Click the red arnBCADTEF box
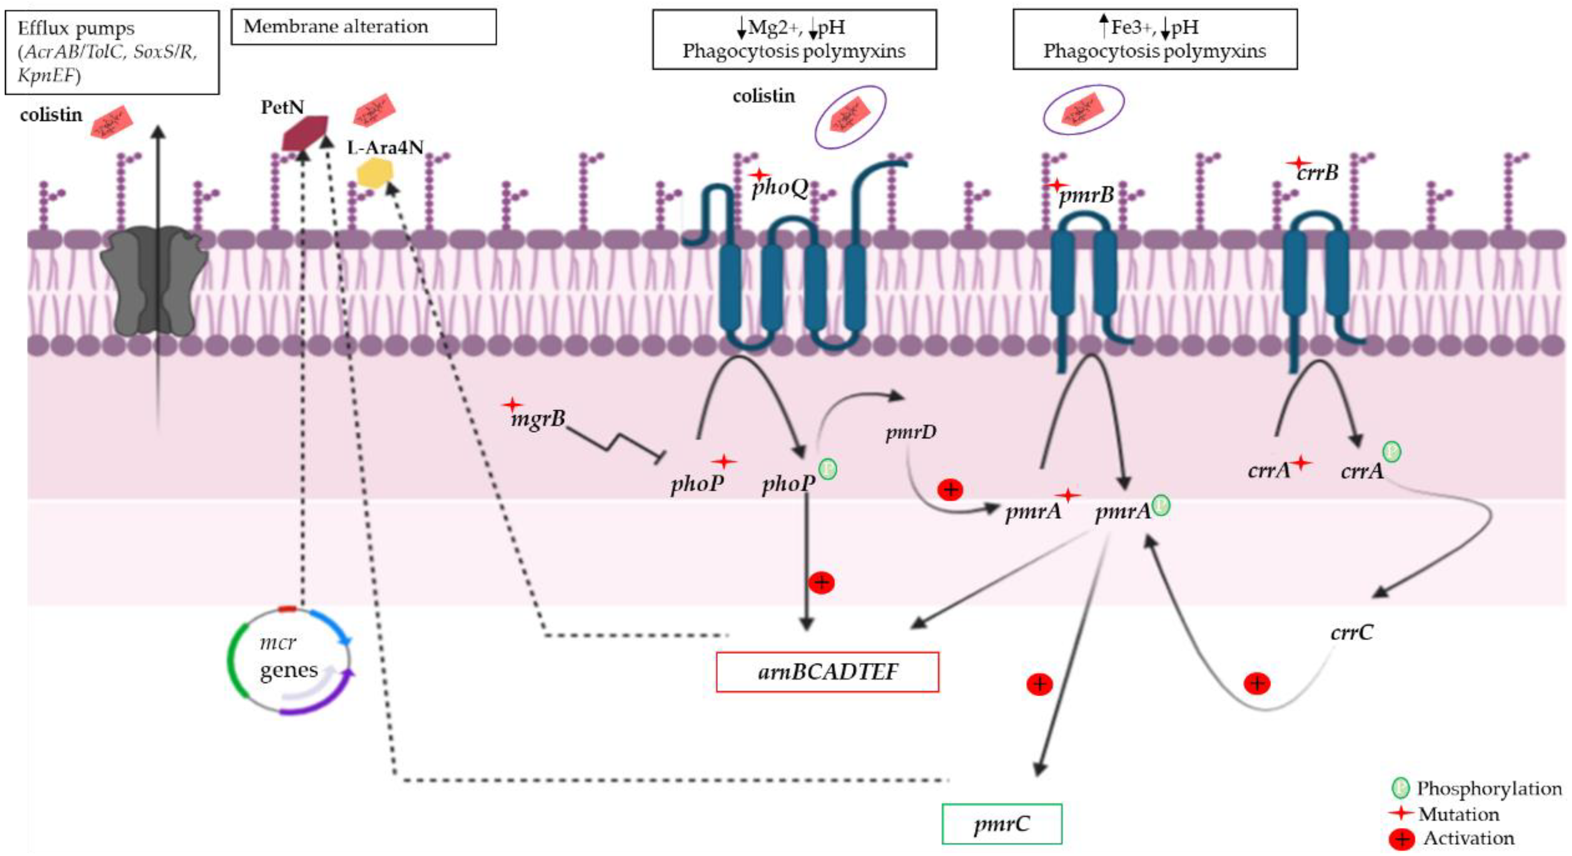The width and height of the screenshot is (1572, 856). [827, 672]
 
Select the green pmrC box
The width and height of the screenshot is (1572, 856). [1001, 824]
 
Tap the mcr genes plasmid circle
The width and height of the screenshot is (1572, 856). [289, 661]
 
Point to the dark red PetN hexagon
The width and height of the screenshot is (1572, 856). [305, 133]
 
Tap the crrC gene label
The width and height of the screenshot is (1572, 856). [1352, 632]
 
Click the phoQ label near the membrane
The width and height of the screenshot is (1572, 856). [779, 187]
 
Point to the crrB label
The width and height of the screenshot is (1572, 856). [1317, 173]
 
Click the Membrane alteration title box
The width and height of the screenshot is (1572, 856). [363, 27]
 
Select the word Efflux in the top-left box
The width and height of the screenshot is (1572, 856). [42, 28]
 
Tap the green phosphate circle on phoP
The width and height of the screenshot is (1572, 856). [827, 468]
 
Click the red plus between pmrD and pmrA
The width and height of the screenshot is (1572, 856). [949, 489]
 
